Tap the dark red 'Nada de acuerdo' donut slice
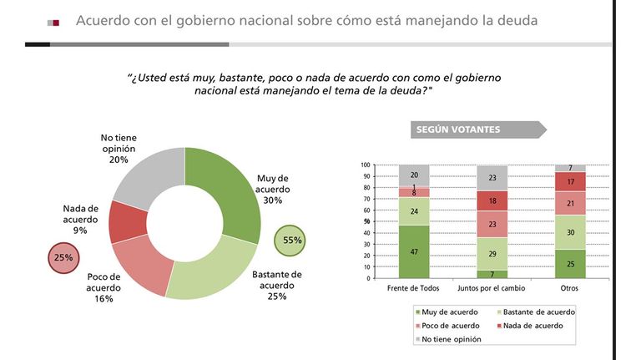pos(127,221)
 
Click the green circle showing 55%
pos(290,241)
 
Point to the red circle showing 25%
pos(63,258)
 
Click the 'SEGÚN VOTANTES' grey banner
pos(478,129)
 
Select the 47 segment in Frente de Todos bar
pos(414,251)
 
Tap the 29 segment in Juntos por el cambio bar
pos(492,254)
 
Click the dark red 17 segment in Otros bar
pos(570,181)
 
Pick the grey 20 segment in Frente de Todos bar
pos(414,175)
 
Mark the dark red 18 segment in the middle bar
pos(492,201)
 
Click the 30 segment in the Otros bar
pos(570,232)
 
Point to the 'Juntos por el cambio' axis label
pos(491,288)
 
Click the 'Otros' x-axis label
pos(569,288)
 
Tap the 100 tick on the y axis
pos(366,165)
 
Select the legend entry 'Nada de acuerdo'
pos(530,326)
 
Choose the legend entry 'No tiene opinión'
pos(448,339)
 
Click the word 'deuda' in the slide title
pos(517,20)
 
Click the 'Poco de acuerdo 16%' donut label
pos(103,287)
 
